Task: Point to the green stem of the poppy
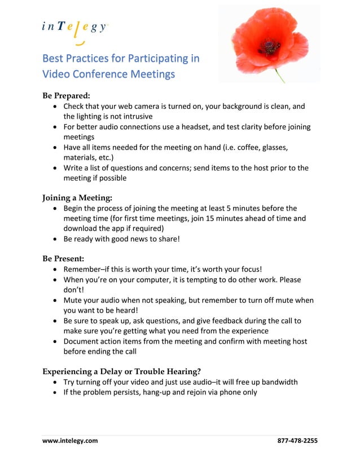[x=279, y=75]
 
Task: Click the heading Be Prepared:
[x=66, y=95]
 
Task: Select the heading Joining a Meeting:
[x=77, y=198]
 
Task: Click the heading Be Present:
[x=63, y=259]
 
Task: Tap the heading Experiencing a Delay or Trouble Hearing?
[x=121, y=371]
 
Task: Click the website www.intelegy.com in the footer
[x=70, y=441]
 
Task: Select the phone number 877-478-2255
[x=297, y=441]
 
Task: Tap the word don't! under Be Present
[x=73, y=290]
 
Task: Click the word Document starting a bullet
[x=82, y=341]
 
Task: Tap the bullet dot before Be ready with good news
[x=54, y=239]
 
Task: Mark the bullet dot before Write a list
[x=54, y=168]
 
